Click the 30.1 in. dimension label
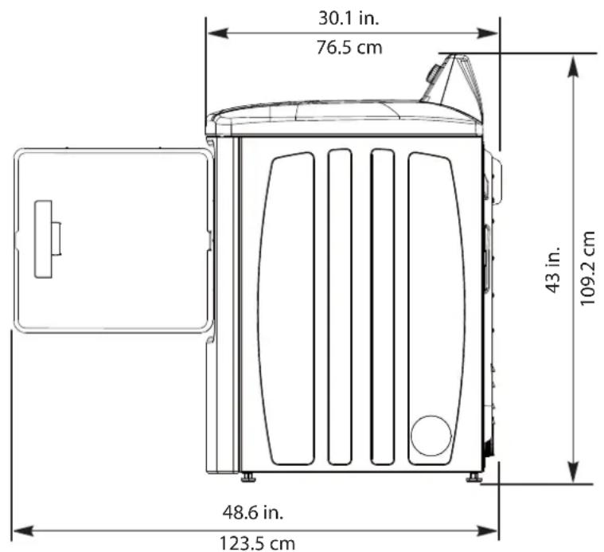(349, 18)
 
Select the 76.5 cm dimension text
(349, 48)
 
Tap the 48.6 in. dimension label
(253, 512)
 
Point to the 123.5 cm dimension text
(257, 543)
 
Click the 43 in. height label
(553, 270)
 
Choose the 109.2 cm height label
(587, 268)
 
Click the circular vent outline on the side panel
(431, 436)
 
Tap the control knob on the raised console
(434, 73)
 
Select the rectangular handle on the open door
(44, 239)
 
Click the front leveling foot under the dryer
(248, 478)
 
